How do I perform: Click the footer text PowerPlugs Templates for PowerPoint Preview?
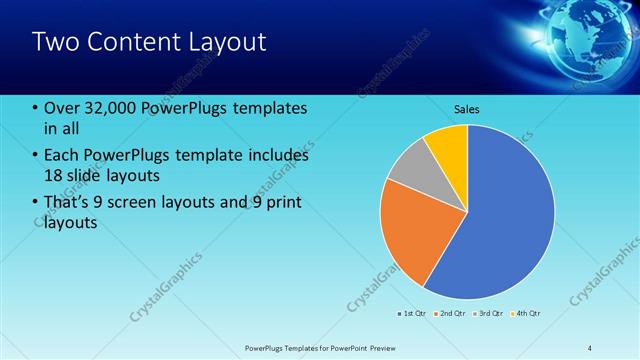[x=320, y=347]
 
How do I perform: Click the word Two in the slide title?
[x=54, y=42]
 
